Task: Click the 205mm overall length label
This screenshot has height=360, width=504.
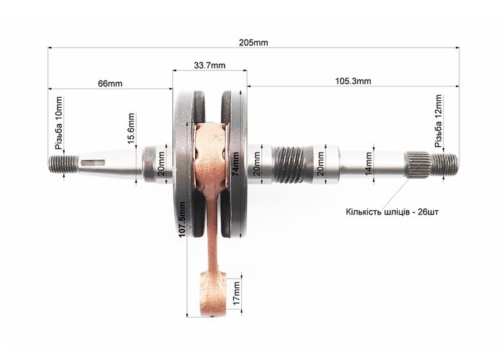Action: (x=253, y=42)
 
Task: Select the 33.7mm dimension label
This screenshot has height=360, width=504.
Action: (x=210, y=66)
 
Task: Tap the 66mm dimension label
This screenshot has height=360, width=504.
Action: (x=110, y=84)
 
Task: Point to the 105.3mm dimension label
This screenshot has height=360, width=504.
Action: (x=353, y=81)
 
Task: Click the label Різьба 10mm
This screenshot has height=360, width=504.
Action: (x=59, y=123)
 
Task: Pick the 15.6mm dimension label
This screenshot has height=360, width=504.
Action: (x=131, y=129)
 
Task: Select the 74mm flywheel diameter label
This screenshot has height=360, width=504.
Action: (x=235, y=164)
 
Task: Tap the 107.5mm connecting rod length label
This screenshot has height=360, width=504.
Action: (x=182, y=220)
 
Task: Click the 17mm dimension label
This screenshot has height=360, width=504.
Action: (x=237, y=294)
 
